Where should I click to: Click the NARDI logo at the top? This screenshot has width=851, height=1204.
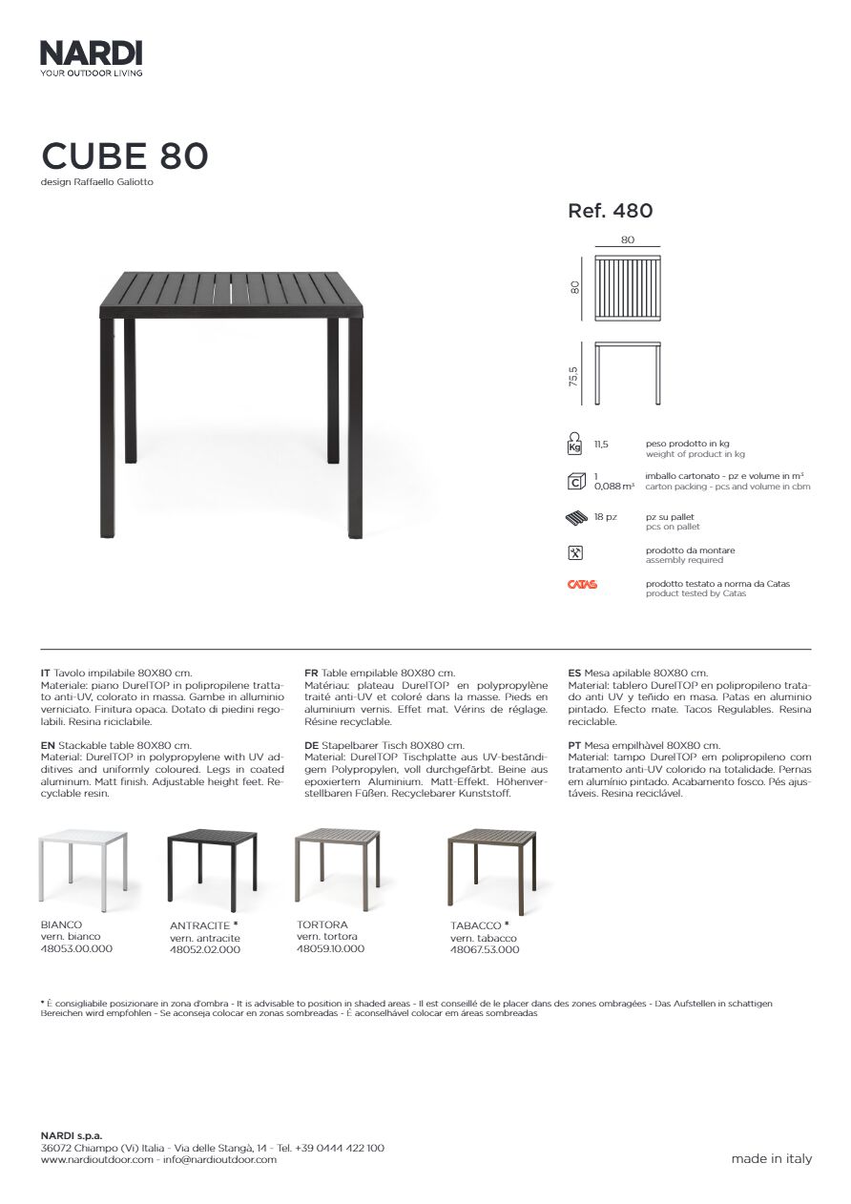[x=91, y=53]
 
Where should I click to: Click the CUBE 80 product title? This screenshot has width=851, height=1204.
[x=124, y=156]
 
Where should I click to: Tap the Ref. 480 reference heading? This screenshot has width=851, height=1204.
[x=610, y=211]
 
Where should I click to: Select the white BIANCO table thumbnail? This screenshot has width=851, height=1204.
[x=83, y=864]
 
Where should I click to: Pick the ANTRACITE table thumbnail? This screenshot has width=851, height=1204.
[x=212, y=866]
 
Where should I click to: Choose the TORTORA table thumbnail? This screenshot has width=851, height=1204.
[x=339, y=864]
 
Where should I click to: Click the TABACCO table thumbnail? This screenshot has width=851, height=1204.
[x=491, y=866]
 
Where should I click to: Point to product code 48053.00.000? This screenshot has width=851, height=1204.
[x=76, y=948]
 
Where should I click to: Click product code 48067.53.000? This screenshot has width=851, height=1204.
[x=485, y=949]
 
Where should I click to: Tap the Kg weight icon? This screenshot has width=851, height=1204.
[x=574, y=445]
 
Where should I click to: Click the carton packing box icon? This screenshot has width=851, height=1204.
[x=574, y=480]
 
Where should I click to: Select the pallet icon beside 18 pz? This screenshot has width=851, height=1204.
[x=574, y=519]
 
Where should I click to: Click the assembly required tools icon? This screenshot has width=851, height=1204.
[x=574, y=553]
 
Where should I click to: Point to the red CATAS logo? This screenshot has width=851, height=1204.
[x=582, y=585]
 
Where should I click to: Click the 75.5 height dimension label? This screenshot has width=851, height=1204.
[x=574, y=377]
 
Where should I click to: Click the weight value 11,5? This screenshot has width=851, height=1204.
[x=601, y=445]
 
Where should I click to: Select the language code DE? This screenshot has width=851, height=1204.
[x=311, y=745]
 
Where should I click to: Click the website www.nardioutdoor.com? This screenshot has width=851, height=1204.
[x=96, y=1159]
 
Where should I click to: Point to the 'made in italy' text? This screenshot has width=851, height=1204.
[x=772, y=1158]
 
